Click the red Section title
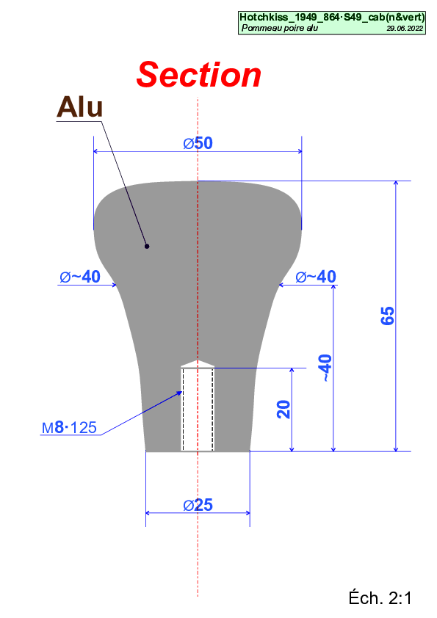(199, 75)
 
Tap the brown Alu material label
(79, 107)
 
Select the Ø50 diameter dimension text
(198, 143)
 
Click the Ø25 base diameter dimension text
(198, 505)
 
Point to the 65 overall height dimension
(387, 316)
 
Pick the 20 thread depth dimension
(283, 409)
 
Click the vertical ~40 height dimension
(325, 368)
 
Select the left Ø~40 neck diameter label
(80, 277)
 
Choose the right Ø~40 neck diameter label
(316, 277)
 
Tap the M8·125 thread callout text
(70, 427)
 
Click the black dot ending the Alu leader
(147, 247)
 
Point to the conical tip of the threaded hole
(198, 363)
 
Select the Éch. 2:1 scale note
(380, 598)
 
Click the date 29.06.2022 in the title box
(405, 29)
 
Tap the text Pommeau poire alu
(280, 28)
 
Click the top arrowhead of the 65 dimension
(396, 183)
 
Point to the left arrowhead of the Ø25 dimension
(148, 513)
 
